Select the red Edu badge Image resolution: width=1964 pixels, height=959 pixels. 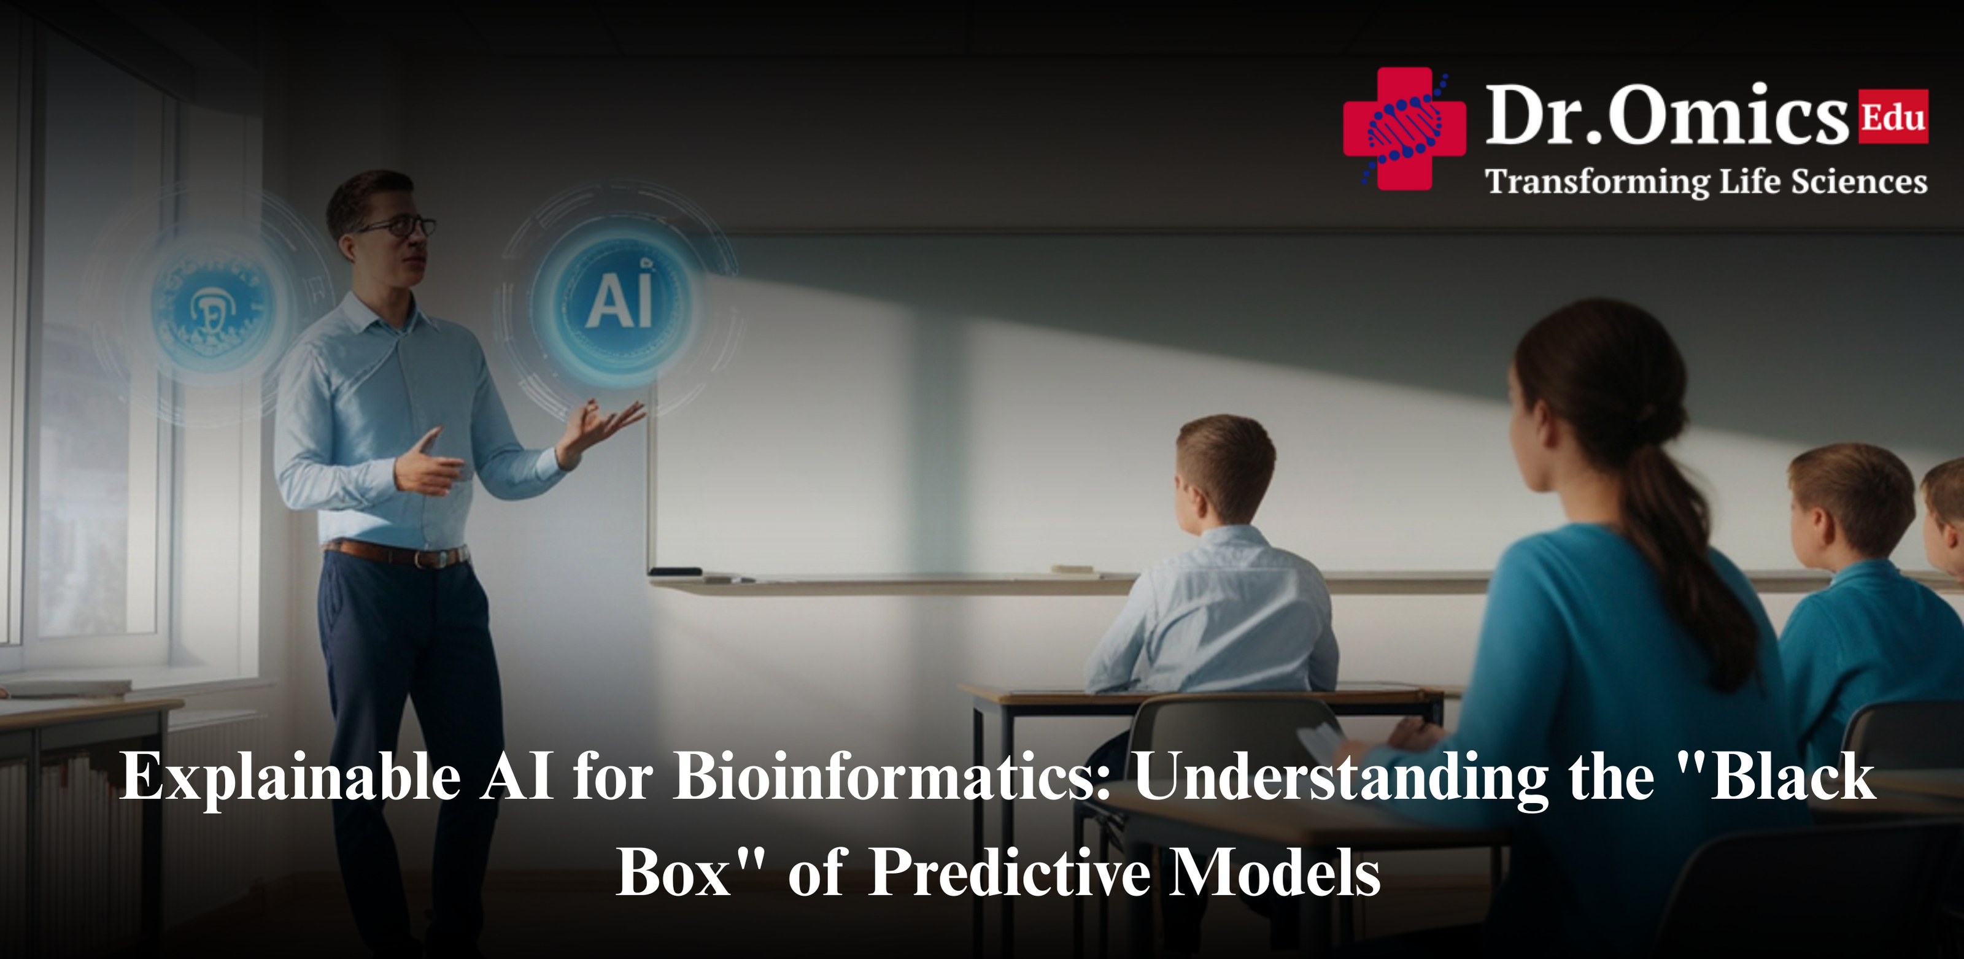click(x=1893, y=117)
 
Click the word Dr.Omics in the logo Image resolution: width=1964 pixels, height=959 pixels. click(x=1666, y=116)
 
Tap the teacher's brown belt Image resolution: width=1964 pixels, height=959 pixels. click(x=396, y=553)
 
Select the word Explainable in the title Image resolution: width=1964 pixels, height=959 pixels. click(x=290, y=777)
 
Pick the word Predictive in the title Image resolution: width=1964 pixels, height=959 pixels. click(x=1010, y=873)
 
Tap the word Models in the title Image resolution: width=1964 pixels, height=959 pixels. click(x=1274, y=873)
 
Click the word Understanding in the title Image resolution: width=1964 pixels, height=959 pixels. click(x=1342, y=777)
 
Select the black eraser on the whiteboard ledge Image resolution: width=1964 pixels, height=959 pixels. click(x=675, y=571)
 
